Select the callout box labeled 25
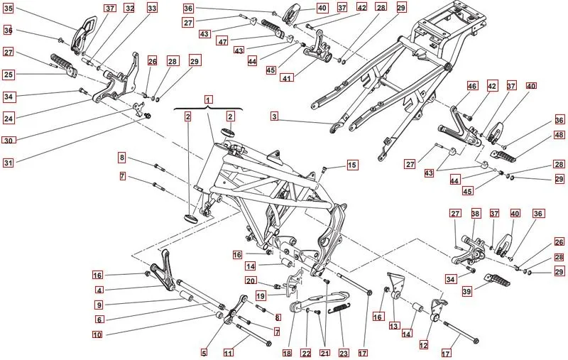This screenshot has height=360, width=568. point(8,74)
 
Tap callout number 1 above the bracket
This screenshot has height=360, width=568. point(209,101)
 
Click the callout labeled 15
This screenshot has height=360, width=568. point(352,165)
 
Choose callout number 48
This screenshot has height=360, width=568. point(559,135)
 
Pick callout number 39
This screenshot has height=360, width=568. point(466,291)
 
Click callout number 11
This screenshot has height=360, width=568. point(228,352)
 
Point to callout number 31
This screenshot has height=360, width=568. point(8,163)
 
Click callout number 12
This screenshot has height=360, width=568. point(423,345)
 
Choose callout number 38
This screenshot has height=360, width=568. point(475,213)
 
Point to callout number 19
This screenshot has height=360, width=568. point(261,295)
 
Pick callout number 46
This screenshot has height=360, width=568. point(472,86)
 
